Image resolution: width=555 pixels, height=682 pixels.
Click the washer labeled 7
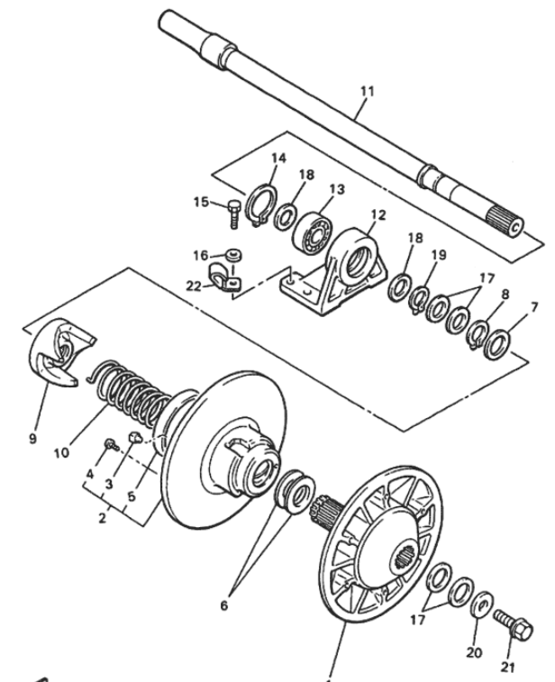pyautogui.click(x=496, y=343)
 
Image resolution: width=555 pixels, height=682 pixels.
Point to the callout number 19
pyautogui.click(x=439, y=255)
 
